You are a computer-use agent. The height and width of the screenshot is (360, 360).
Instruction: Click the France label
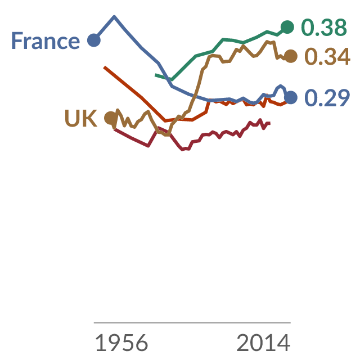[46, 40]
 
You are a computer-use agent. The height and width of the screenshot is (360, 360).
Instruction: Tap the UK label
[81, 118]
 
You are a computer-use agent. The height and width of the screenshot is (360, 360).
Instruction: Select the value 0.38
[324, 28]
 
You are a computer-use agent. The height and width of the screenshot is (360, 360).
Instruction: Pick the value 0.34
[327, 56]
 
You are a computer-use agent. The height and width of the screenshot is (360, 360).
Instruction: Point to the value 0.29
[327, 98]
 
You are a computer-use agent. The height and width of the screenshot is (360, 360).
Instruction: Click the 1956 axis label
[121, 343]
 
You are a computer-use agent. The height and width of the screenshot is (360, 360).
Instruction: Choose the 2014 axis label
[263, 343]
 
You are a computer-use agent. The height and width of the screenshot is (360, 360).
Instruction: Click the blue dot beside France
[94, 40]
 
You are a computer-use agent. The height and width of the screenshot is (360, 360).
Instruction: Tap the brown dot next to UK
[111, 118]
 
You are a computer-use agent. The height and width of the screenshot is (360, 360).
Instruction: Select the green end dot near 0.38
[287, 27]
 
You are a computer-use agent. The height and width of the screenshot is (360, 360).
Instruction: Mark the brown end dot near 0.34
[291, 56]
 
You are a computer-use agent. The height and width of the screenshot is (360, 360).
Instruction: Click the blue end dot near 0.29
[291, 97]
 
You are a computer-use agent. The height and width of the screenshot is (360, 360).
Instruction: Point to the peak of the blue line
[114, 16]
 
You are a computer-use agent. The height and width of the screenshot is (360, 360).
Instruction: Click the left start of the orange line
[104, 67]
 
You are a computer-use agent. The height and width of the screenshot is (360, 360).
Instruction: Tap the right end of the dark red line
[270, 123]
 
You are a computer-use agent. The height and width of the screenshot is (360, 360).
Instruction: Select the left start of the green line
[155, 75]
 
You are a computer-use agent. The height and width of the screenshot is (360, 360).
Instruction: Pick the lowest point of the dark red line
[182, 150]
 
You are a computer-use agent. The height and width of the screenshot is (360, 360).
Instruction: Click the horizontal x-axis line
[192, 323]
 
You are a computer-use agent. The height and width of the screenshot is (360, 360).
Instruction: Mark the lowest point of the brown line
[167, 135]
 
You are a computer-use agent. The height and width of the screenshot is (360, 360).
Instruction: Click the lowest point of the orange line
[165, 121]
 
